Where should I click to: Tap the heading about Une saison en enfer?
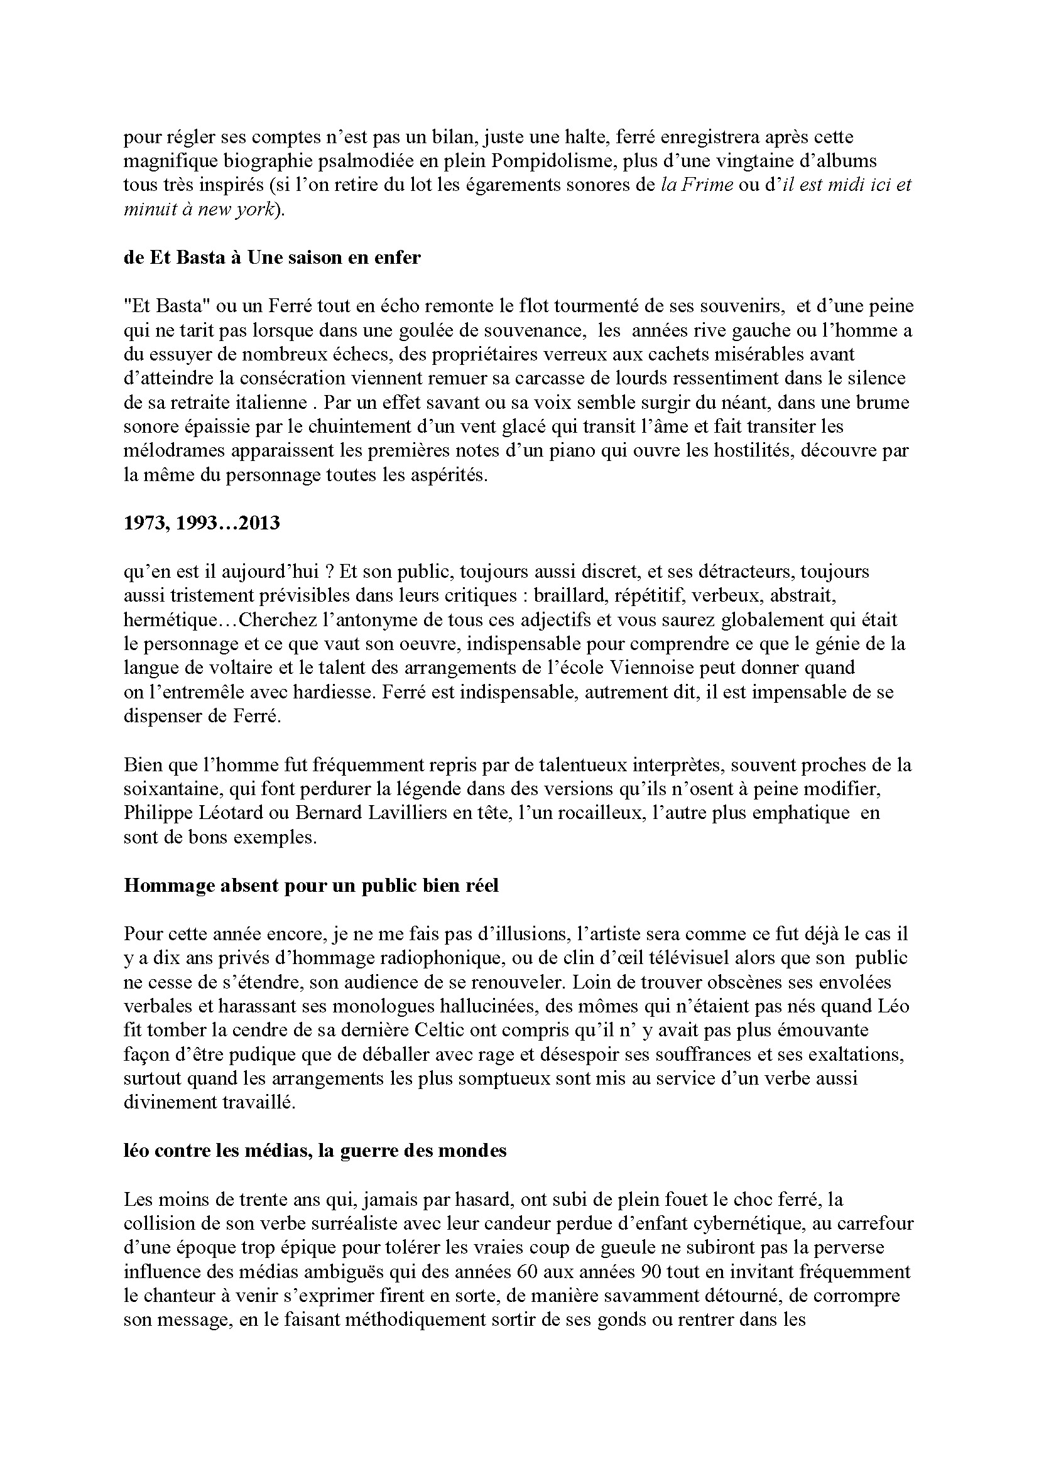pos(272,257)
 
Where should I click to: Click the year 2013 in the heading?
pos(258,523)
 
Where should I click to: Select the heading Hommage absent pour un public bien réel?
pos(311,886)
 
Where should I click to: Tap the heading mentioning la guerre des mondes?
pos(315,1151)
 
